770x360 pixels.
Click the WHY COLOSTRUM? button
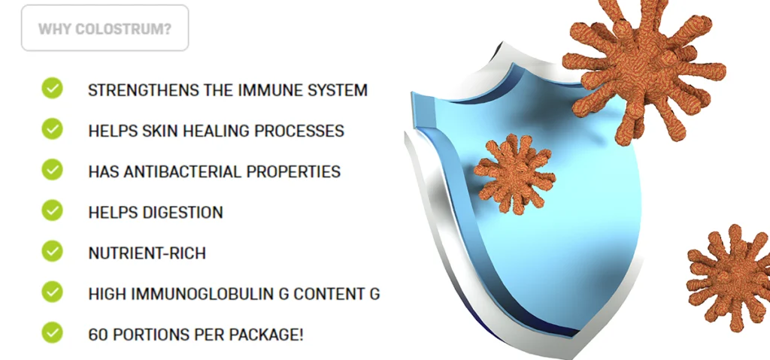(x=105, y=28)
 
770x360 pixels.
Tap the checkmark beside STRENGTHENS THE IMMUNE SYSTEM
(x=52, y=88)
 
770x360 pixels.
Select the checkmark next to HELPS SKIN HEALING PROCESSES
(x=52, y=129)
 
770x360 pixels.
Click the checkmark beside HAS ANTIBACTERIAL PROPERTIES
(x=52, y=169)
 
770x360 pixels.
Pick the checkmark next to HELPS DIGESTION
(x=52, y=210)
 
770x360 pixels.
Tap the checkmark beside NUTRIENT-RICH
(x=52, y=251)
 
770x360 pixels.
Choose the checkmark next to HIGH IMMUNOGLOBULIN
(x=52, y=292)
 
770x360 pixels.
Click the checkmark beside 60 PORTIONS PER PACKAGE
(x=52, y=332)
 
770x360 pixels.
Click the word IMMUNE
(x=274, y=90)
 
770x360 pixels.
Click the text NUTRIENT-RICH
(x=147, y=253)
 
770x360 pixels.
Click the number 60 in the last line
(x=95, y=335)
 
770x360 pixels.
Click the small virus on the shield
(x=514, y=174)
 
